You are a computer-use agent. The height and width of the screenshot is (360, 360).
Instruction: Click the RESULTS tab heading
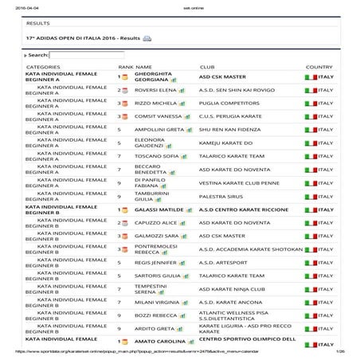coord(38,24)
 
